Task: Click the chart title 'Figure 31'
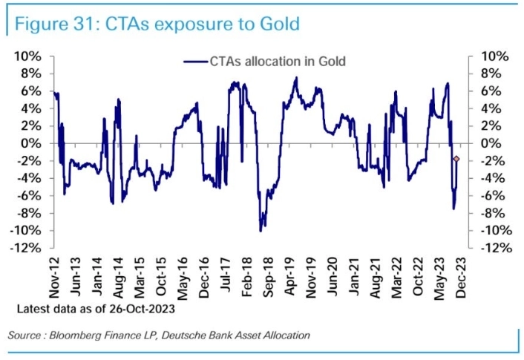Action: (56, 24)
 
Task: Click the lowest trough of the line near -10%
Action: (261, 231)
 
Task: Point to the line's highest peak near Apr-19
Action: (296, 77)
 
